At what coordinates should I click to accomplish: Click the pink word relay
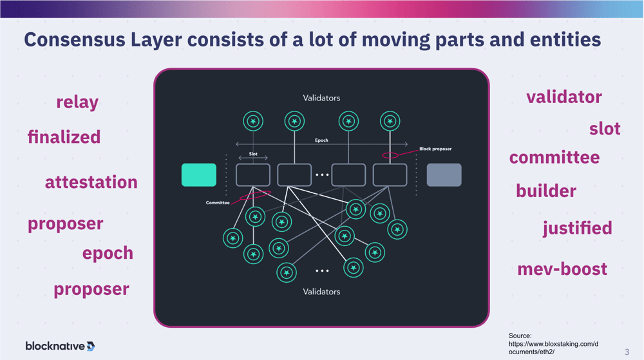tap(77, 102)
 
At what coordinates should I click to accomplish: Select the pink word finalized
tap(64, 137)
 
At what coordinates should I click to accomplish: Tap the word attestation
tap(91, 182)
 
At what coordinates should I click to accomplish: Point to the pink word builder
tap(546, 191)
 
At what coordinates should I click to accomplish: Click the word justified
tap(577, 228)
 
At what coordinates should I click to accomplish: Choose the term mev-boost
tap(562, 269)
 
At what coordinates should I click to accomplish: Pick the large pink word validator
tap(564, 97)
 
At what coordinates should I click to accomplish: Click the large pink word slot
tap(605, 129)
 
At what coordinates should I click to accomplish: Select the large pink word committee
tap(554, 158)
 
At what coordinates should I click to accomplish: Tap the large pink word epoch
tap(108, 253)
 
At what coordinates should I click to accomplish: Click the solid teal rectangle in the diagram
tap(199, 175)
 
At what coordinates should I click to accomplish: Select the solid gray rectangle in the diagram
tap(444, 175)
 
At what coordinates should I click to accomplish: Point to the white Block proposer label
tap(435, 149)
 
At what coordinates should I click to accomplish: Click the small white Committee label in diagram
tap(218, 203)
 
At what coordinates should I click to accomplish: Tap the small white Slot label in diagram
tap(253, 154)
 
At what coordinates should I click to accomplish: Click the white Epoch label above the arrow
tap(321, 140)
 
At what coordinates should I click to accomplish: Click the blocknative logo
tap(60, 346)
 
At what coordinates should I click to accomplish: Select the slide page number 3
tap(627, 352)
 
